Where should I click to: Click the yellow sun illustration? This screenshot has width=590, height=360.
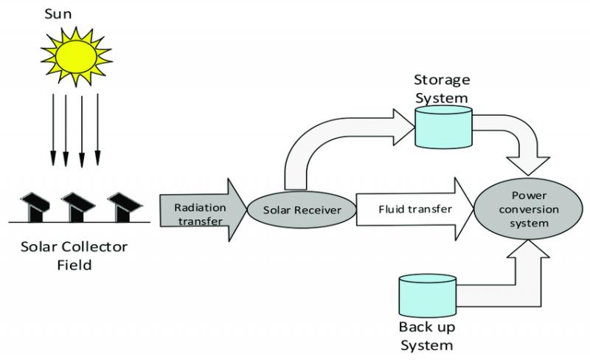(77, 57)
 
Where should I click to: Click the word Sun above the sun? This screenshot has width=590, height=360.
(58, 14)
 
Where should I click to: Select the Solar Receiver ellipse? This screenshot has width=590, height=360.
(302, 210)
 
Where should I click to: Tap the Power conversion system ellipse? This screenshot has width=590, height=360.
(528, 209)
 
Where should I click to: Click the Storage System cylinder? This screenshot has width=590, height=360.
(444, 127)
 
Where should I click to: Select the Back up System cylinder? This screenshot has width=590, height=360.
(428, 296)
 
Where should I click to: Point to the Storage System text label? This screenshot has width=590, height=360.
(442, 89)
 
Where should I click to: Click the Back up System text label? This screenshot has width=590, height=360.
(427, 336)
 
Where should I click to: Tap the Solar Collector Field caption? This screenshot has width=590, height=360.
(74, 256)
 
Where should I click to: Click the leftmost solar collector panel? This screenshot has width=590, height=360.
(35, 207)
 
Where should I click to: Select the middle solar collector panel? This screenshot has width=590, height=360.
(78, 207)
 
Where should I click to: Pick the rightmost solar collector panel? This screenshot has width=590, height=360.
(125, 207)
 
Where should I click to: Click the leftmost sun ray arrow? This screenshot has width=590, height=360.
(53, 130)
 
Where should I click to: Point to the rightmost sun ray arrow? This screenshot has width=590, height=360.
(98, 130)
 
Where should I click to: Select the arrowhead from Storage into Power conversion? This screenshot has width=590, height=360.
(528, 165)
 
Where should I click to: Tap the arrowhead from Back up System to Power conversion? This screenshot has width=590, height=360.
(528, 249)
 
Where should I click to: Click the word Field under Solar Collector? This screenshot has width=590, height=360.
(74, 265)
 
